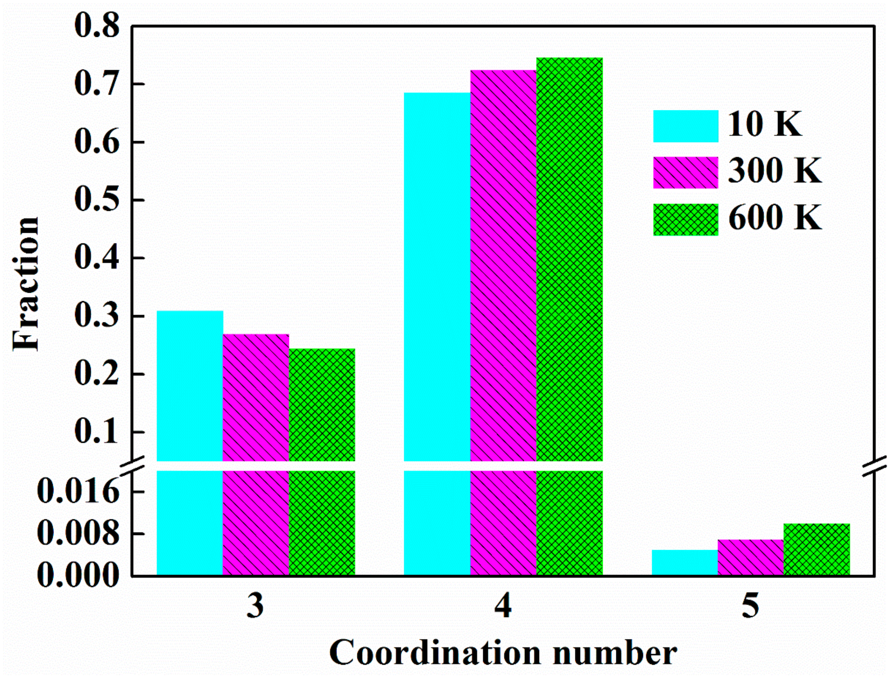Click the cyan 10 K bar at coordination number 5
point(685,563)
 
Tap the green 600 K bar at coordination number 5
point(817,549)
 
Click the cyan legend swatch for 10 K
point(685,126)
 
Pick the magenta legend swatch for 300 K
point(685,173)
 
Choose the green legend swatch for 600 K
point(685,219)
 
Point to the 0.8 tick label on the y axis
point(97,26)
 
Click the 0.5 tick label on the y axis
point(97,200)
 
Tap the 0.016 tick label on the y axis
point(79,492)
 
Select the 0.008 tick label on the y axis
point(79,533)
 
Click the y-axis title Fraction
point(26,283)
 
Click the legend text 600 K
point(775,218)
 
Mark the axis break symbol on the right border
point(875,466)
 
